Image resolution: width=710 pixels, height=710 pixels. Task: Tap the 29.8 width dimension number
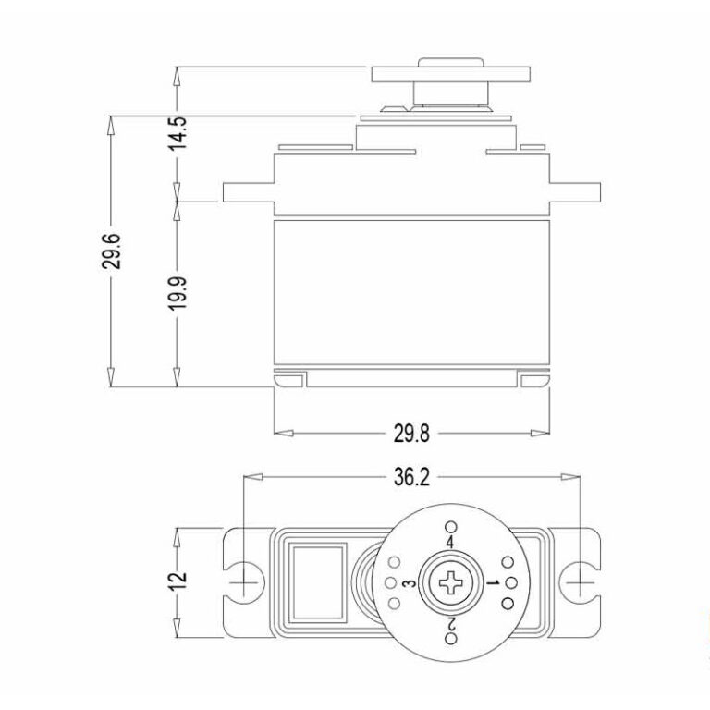[413, 432]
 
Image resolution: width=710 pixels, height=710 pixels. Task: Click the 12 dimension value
[179, 580]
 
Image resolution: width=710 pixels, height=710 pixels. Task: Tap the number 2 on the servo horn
[451, 625]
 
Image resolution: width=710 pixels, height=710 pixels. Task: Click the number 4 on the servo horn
[450, 541]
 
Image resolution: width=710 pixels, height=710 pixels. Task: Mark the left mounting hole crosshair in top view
[244, 581]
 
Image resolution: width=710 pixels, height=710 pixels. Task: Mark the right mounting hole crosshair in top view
[579, 581]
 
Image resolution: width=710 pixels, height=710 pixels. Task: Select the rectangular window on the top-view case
[319, 581]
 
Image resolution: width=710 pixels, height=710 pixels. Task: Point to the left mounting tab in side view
[247, 192]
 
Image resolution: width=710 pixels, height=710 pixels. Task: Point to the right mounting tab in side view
[575, 192]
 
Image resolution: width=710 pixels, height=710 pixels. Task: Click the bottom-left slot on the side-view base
[289, 379]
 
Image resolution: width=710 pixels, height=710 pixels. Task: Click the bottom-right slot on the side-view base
[533, 379]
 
